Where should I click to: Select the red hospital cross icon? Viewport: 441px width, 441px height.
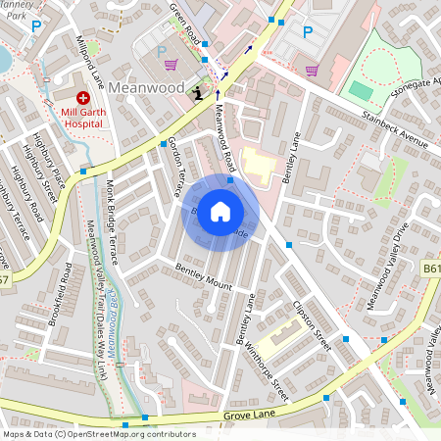pyautogui.click(x=83, y=99)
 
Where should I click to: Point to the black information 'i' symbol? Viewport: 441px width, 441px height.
pyautogui.click(x=199, y=92)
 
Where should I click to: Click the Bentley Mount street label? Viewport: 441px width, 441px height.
pyautogui.click(x=204, y=276)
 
